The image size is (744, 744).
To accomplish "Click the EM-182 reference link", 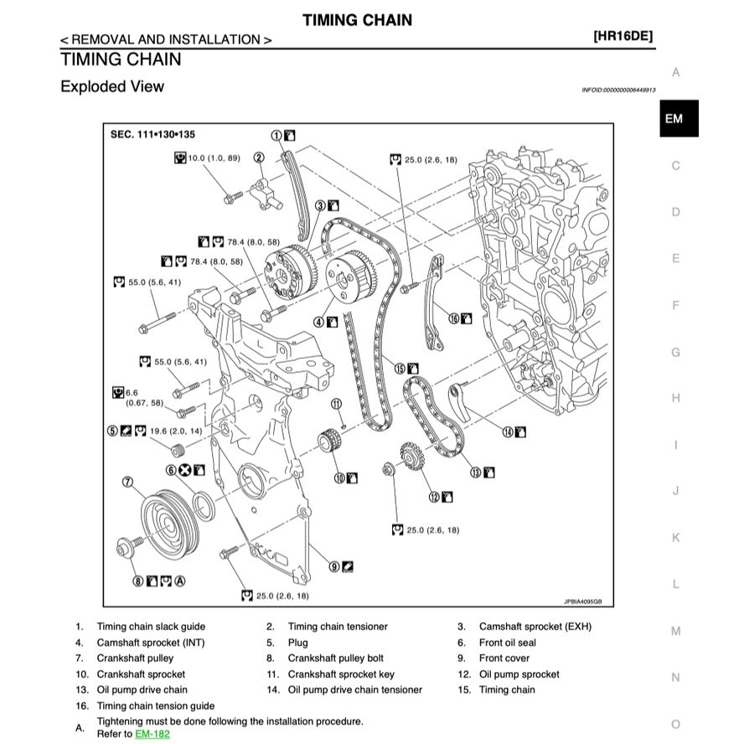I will click(x=152, y=734).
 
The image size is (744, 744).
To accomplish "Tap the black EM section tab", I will click(x=674, y=119).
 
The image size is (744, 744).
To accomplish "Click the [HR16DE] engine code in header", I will click(x=623, y=37).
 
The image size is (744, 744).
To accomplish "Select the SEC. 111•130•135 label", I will click(x=153, y=134).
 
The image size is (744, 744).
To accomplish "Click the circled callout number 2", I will click(x=259, y=157).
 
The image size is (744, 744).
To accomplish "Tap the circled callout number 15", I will click(x=400, y=368).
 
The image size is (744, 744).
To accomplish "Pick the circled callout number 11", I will click(x=337, y=404).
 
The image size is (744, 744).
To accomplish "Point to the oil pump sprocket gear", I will click(x=411, y=457).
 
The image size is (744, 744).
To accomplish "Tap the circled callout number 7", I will click(x=128, y=481).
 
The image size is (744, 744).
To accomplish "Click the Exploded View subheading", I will click(x=112, y=86).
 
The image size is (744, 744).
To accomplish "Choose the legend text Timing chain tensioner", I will click(x=338, y=627).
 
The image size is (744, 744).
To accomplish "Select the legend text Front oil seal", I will click(x=508, y=643).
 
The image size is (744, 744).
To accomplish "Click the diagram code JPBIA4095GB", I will click(x=583, y=601).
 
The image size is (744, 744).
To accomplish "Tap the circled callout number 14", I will click(x=508, y=431).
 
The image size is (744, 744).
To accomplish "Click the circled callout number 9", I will click(x=334, y=566).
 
